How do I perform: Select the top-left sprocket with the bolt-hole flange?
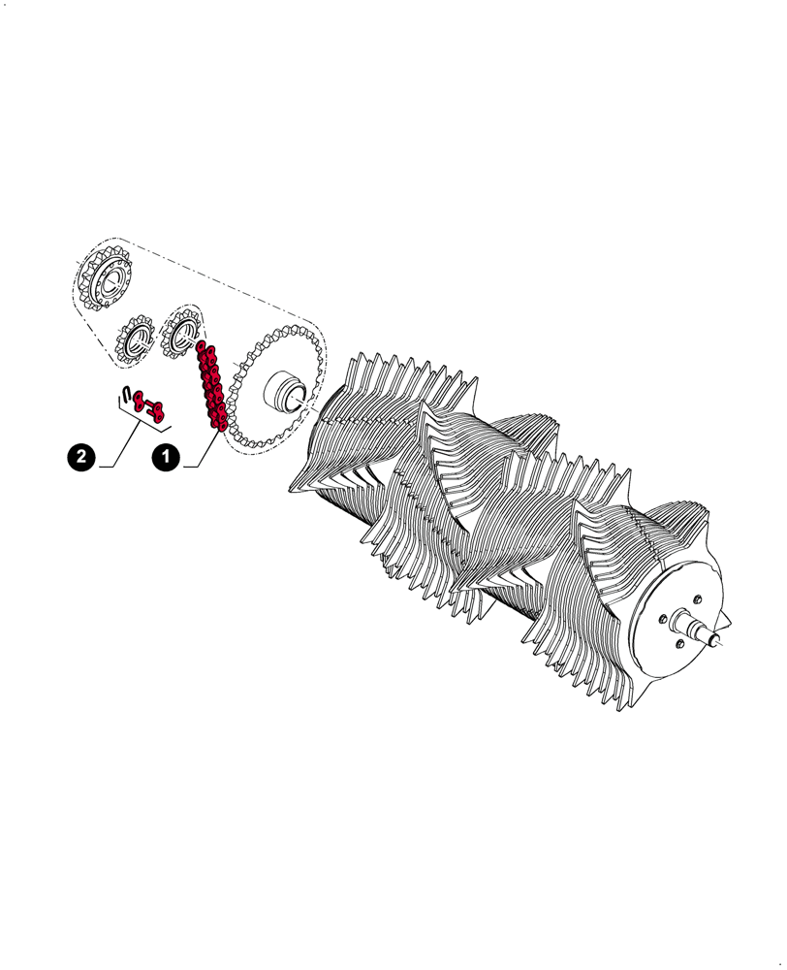coord(104,279)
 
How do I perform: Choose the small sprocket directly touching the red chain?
coord(180,334)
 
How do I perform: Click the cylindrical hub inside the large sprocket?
coord(288,392)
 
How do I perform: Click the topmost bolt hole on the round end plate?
coord(697,599)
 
